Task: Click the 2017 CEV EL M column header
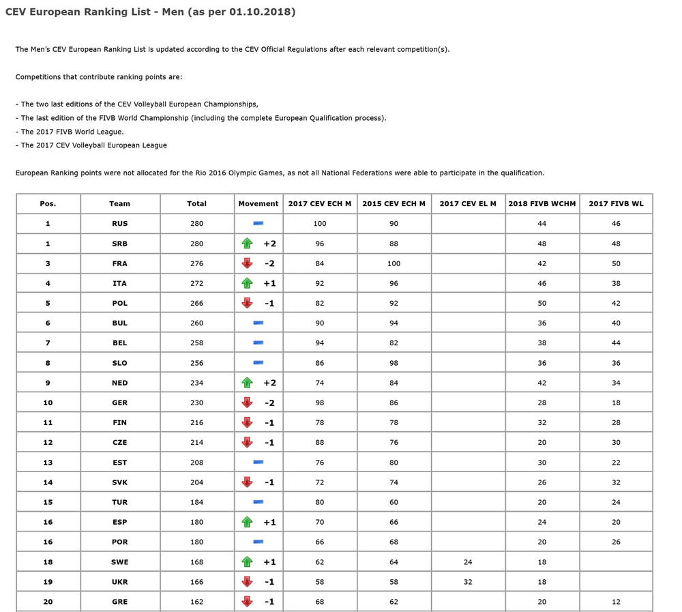468,203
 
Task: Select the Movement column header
258,203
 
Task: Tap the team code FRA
120,263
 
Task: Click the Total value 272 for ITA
196,283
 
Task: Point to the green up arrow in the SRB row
248,244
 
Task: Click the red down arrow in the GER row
248,403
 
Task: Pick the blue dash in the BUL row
258,323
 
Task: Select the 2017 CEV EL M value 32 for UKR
468,582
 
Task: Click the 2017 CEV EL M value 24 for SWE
468,562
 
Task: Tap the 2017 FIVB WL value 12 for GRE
616,602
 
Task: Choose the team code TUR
120,502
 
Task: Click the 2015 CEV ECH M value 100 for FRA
394,263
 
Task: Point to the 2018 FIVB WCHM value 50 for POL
542,303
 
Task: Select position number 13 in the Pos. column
48,463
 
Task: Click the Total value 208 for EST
196,463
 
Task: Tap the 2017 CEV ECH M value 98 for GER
320,403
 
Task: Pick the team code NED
120,383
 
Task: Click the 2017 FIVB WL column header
616,203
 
